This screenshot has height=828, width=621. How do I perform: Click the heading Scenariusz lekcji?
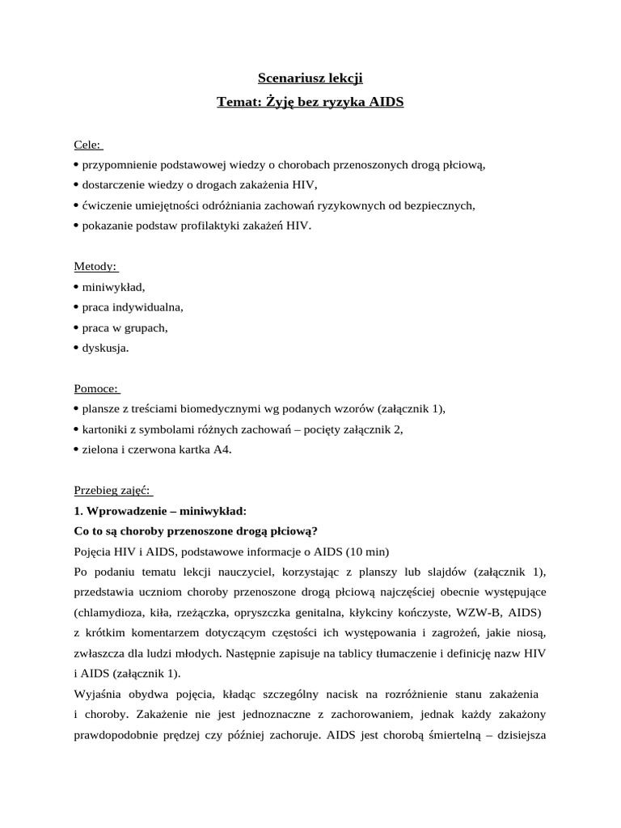(310, 78)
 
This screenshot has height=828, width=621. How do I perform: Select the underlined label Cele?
(88, 145)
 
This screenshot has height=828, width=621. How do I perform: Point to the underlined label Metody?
(95, 266)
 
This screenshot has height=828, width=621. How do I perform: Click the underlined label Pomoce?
(96, 388)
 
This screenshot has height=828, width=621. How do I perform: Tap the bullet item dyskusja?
(105, 348)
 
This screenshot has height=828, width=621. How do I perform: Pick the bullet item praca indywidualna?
(133, 307)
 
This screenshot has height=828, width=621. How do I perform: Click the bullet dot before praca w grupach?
(76, 327)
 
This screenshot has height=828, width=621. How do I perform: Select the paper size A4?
(222, 450)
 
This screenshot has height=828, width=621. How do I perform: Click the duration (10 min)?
(367, 551)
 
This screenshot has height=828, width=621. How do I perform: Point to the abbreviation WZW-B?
(481, 612)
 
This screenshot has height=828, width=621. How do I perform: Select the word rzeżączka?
(209, 612)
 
